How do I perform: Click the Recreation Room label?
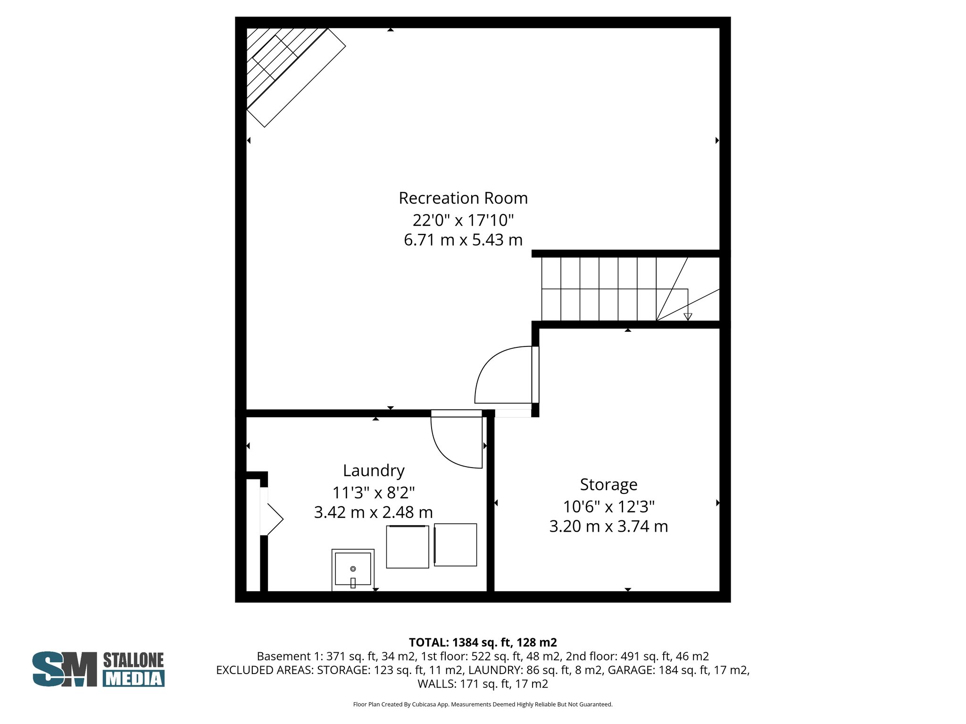click(x=463, y=198)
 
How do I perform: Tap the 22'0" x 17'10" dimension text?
click(x=463, y=220)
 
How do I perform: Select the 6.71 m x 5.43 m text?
click(x=463, y=240)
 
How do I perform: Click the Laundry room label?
click(x=374, y=470)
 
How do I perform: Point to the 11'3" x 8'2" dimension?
click(x=374, y=493)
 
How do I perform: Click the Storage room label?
click(x=608, y=484)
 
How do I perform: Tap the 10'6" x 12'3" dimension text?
click(x=608, y=507)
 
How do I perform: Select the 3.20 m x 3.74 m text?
click(x=608, y=526)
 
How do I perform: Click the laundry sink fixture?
click(x=353, y=569)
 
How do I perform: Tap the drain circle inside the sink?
click(x=353, y=568)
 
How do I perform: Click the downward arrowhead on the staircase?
click(x=688, y=317)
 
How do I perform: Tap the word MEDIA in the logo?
click(x=133, y=678)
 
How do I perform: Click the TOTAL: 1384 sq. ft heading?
click(x=483, y=642)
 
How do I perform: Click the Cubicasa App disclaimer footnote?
click(x=483, y=704)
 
